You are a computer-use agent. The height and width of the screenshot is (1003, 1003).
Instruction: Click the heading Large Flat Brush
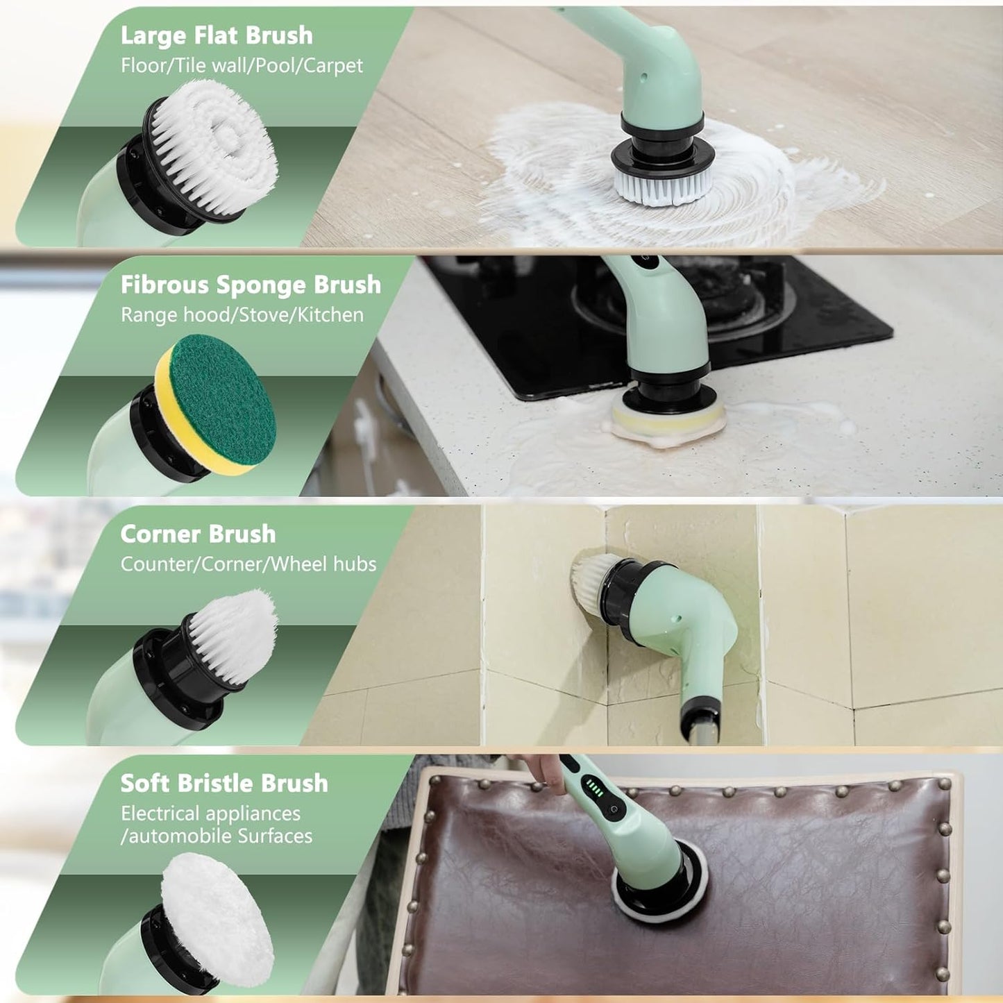[x=217, y=35]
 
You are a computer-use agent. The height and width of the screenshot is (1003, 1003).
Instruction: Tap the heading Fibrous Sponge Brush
[x=251, y=284]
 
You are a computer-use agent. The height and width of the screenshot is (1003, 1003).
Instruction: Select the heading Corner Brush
[x=198, y=534]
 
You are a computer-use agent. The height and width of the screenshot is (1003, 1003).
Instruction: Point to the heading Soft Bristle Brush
[x=224, y=783]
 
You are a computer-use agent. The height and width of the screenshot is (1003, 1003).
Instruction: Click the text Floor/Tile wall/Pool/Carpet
[x=242, y=65]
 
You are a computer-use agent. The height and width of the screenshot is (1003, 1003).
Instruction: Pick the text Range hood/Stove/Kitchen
[x=242, y=315]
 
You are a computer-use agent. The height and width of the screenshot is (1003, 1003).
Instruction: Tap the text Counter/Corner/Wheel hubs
[x=248, y=564]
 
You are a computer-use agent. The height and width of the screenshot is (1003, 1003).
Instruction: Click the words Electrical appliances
[x=211, y=813]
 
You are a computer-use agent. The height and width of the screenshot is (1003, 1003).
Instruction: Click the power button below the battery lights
[x=614, y=810]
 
